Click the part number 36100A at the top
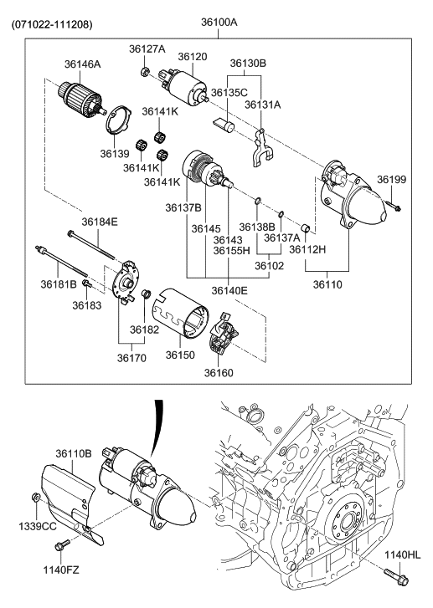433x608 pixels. (x=219, y=23)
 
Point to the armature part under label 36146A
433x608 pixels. (x=82, y=101)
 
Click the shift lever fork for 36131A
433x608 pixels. (x=262, y=142)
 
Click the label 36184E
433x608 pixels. (x=100, y=222)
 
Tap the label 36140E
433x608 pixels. (x=229, y=290)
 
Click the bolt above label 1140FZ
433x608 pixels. (x=63, y=546)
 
